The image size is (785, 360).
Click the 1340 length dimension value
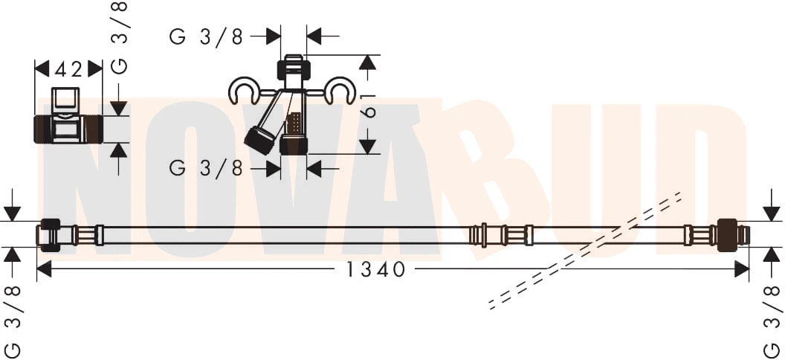(x=375, y=270)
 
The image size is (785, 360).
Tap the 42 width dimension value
(x=68, y=70)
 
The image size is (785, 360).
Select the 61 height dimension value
(x=369, y=105)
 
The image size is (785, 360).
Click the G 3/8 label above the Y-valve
(x=206, y=37)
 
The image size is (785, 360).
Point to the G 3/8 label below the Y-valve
(x=206, y=169)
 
